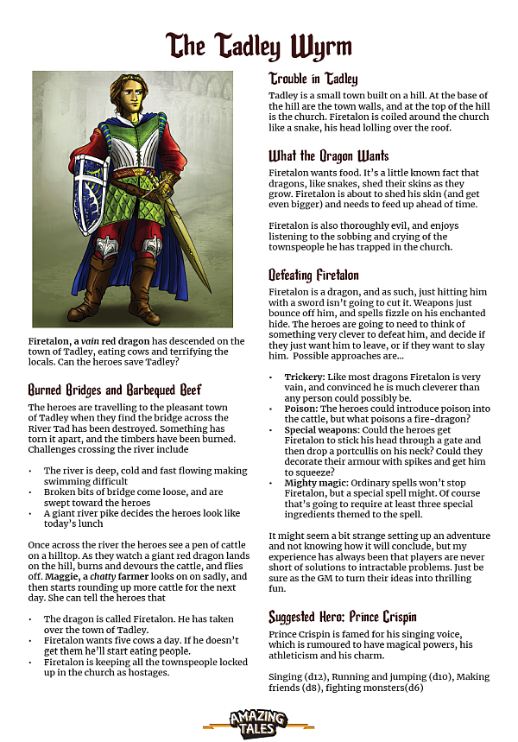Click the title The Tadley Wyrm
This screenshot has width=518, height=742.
(259, 44)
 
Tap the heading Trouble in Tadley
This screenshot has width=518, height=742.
(313, 79)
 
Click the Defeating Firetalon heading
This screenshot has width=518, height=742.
(314, 276)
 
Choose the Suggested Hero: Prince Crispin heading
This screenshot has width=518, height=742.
(343, 617)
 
